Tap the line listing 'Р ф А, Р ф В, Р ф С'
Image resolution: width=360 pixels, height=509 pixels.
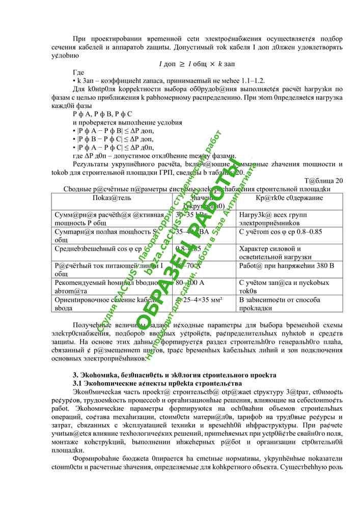point(102,114)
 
